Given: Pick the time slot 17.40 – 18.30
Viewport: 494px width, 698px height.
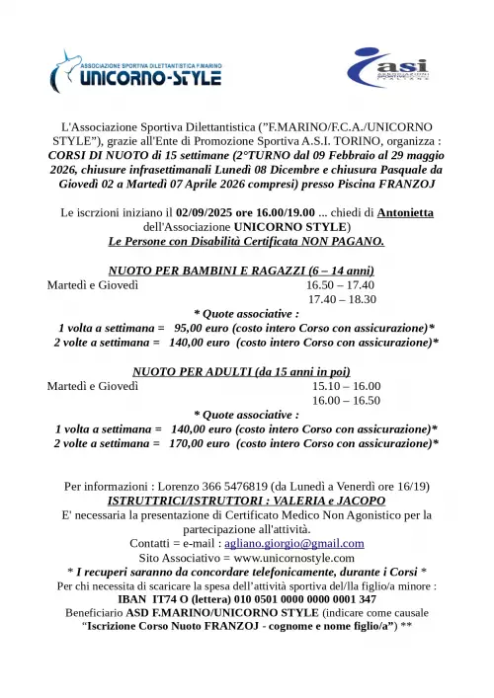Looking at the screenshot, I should pos(343,299).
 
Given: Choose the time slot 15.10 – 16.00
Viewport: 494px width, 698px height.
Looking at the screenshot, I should pos(346,386).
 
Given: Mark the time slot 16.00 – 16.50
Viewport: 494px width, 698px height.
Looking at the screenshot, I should pos(346,400).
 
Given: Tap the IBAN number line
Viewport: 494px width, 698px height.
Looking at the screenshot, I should pos(246,598).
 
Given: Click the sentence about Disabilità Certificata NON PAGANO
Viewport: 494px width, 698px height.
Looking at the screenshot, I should pos(246,241).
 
